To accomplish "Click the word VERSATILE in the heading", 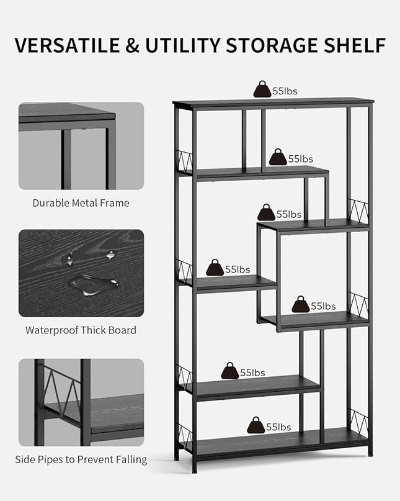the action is [x=68, y=45].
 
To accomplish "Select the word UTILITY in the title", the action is [x=182, y=45].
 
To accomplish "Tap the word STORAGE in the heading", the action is [x=272, y=45].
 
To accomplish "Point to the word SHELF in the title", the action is [x=355, y=45].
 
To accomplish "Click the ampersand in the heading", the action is [x=133, y=45].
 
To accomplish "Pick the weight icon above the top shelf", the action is [x=262, y=89].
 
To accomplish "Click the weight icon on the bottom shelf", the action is [x=256, y=425].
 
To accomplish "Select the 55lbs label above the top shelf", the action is [x=285, y=91].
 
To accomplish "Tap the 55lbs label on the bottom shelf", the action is [x=278, y=427].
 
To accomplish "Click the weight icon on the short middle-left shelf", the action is [x=215, y=268].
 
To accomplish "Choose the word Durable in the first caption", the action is [x=51, y=203].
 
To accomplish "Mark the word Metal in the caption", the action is [x=84, y=203].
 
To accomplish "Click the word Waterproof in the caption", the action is [x=51, y=330].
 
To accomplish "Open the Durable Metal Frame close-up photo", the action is [x=81, y=146].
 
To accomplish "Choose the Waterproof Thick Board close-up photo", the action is [x=81, y=273].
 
